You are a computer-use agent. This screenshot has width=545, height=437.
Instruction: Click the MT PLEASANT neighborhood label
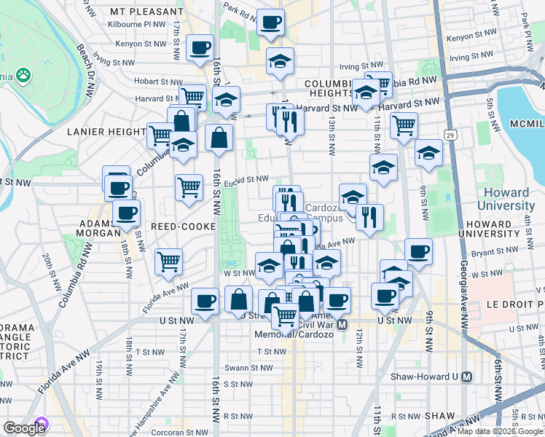[146, 12]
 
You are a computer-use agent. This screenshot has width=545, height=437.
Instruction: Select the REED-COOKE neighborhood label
[183, 227]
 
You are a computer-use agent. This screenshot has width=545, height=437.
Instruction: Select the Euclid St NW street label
[247, 179]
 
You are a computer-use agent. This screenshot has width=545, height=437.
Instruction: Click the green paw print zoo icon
[24, 74]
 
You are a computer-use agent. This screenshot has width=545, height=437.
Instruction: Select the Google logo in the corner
[24, 428]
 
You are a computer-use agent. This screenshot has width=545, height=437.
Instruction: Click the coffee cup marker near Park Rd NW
[270, 23]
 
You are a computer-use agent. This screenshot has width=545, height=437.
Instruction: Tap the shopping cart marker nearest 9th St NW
[403, 125]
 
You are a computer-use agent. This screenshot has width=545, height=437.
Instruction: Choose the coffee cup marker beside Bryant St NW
[418, 251]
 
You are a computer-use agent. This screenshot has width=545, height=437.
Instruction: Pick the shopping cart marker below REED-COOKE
[168, 261]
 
